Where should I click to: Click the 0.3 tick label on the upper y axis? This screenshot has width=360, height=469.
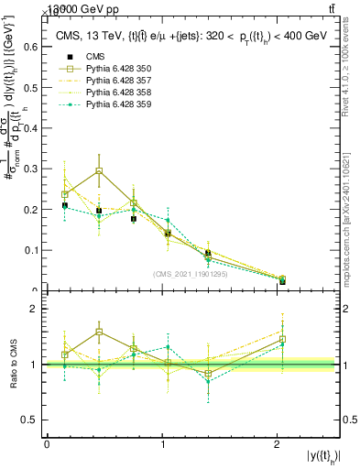pos(33,169)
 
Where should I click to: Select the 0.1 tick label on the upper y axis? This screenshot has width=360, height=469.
pos(33,250)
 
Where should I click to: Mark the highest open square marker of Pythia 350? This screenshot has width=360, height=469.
pos(99,171)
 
